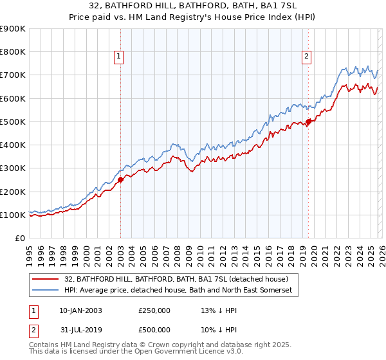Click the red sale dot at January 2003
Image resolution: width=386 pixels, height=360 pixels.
point(120,180)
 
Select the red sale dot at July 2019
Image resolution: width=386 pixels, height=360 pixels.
point(309,122)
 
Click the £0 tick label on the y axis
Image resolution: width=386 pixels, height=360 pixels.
point(20,239)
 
